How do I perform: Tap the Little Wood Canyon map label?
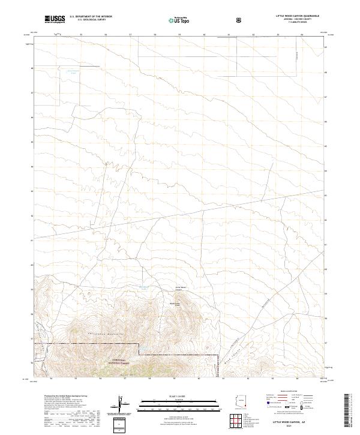[x=181, y=288]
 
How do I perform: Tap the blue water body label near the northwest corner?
[x=73, y=73]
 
